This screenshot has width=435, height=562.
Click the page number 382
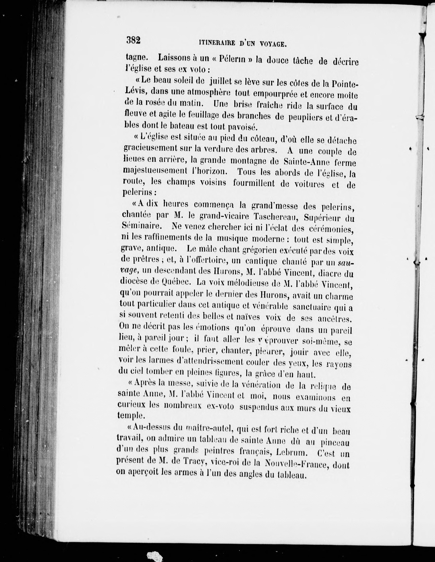click(x=133, y=40)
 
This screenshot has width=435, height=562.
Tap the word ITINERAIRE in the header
click(x=217, y=43)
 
